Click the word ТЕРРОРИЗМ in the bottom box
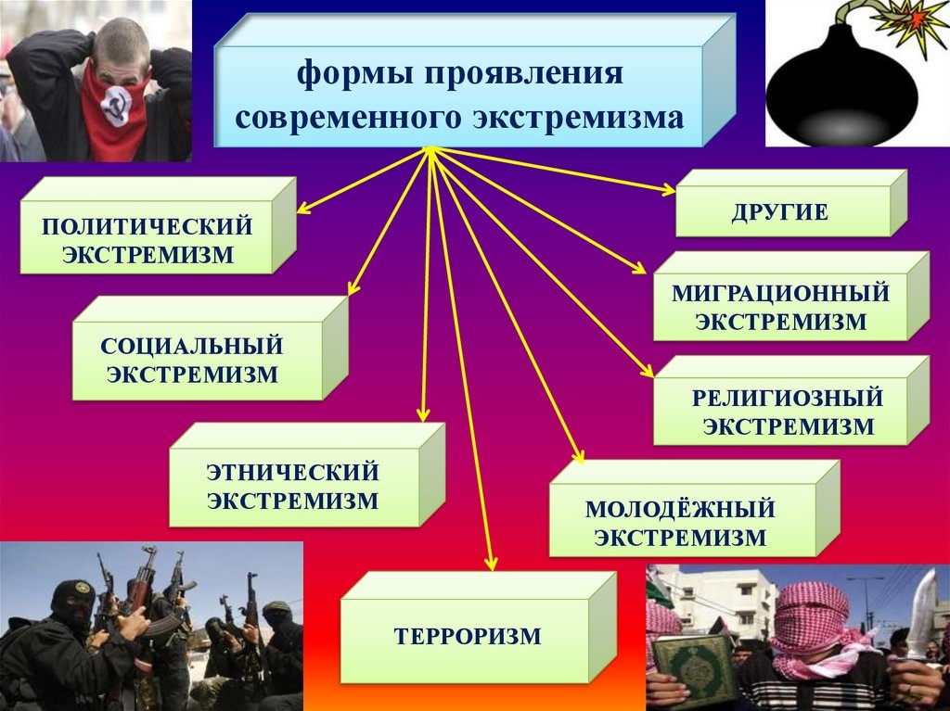click(x=468, y=637)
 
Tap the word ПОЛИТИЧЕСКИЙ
click(x=148, y=226)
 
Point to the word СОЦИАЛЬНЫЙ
click(x=191, y=347)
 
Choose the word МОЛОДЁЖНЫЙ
click(x=680, y=509)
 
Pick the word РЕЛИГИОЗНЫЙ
click(x=788, y=398)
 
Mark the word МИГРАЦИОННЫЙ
click(x=780, y=294)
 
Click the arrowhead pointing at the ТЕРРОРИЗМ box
click(x=492, y=564)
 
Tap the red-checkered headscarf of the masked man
click(x=812, y=624)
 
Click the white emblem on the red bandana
click(x=115, y=107)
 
